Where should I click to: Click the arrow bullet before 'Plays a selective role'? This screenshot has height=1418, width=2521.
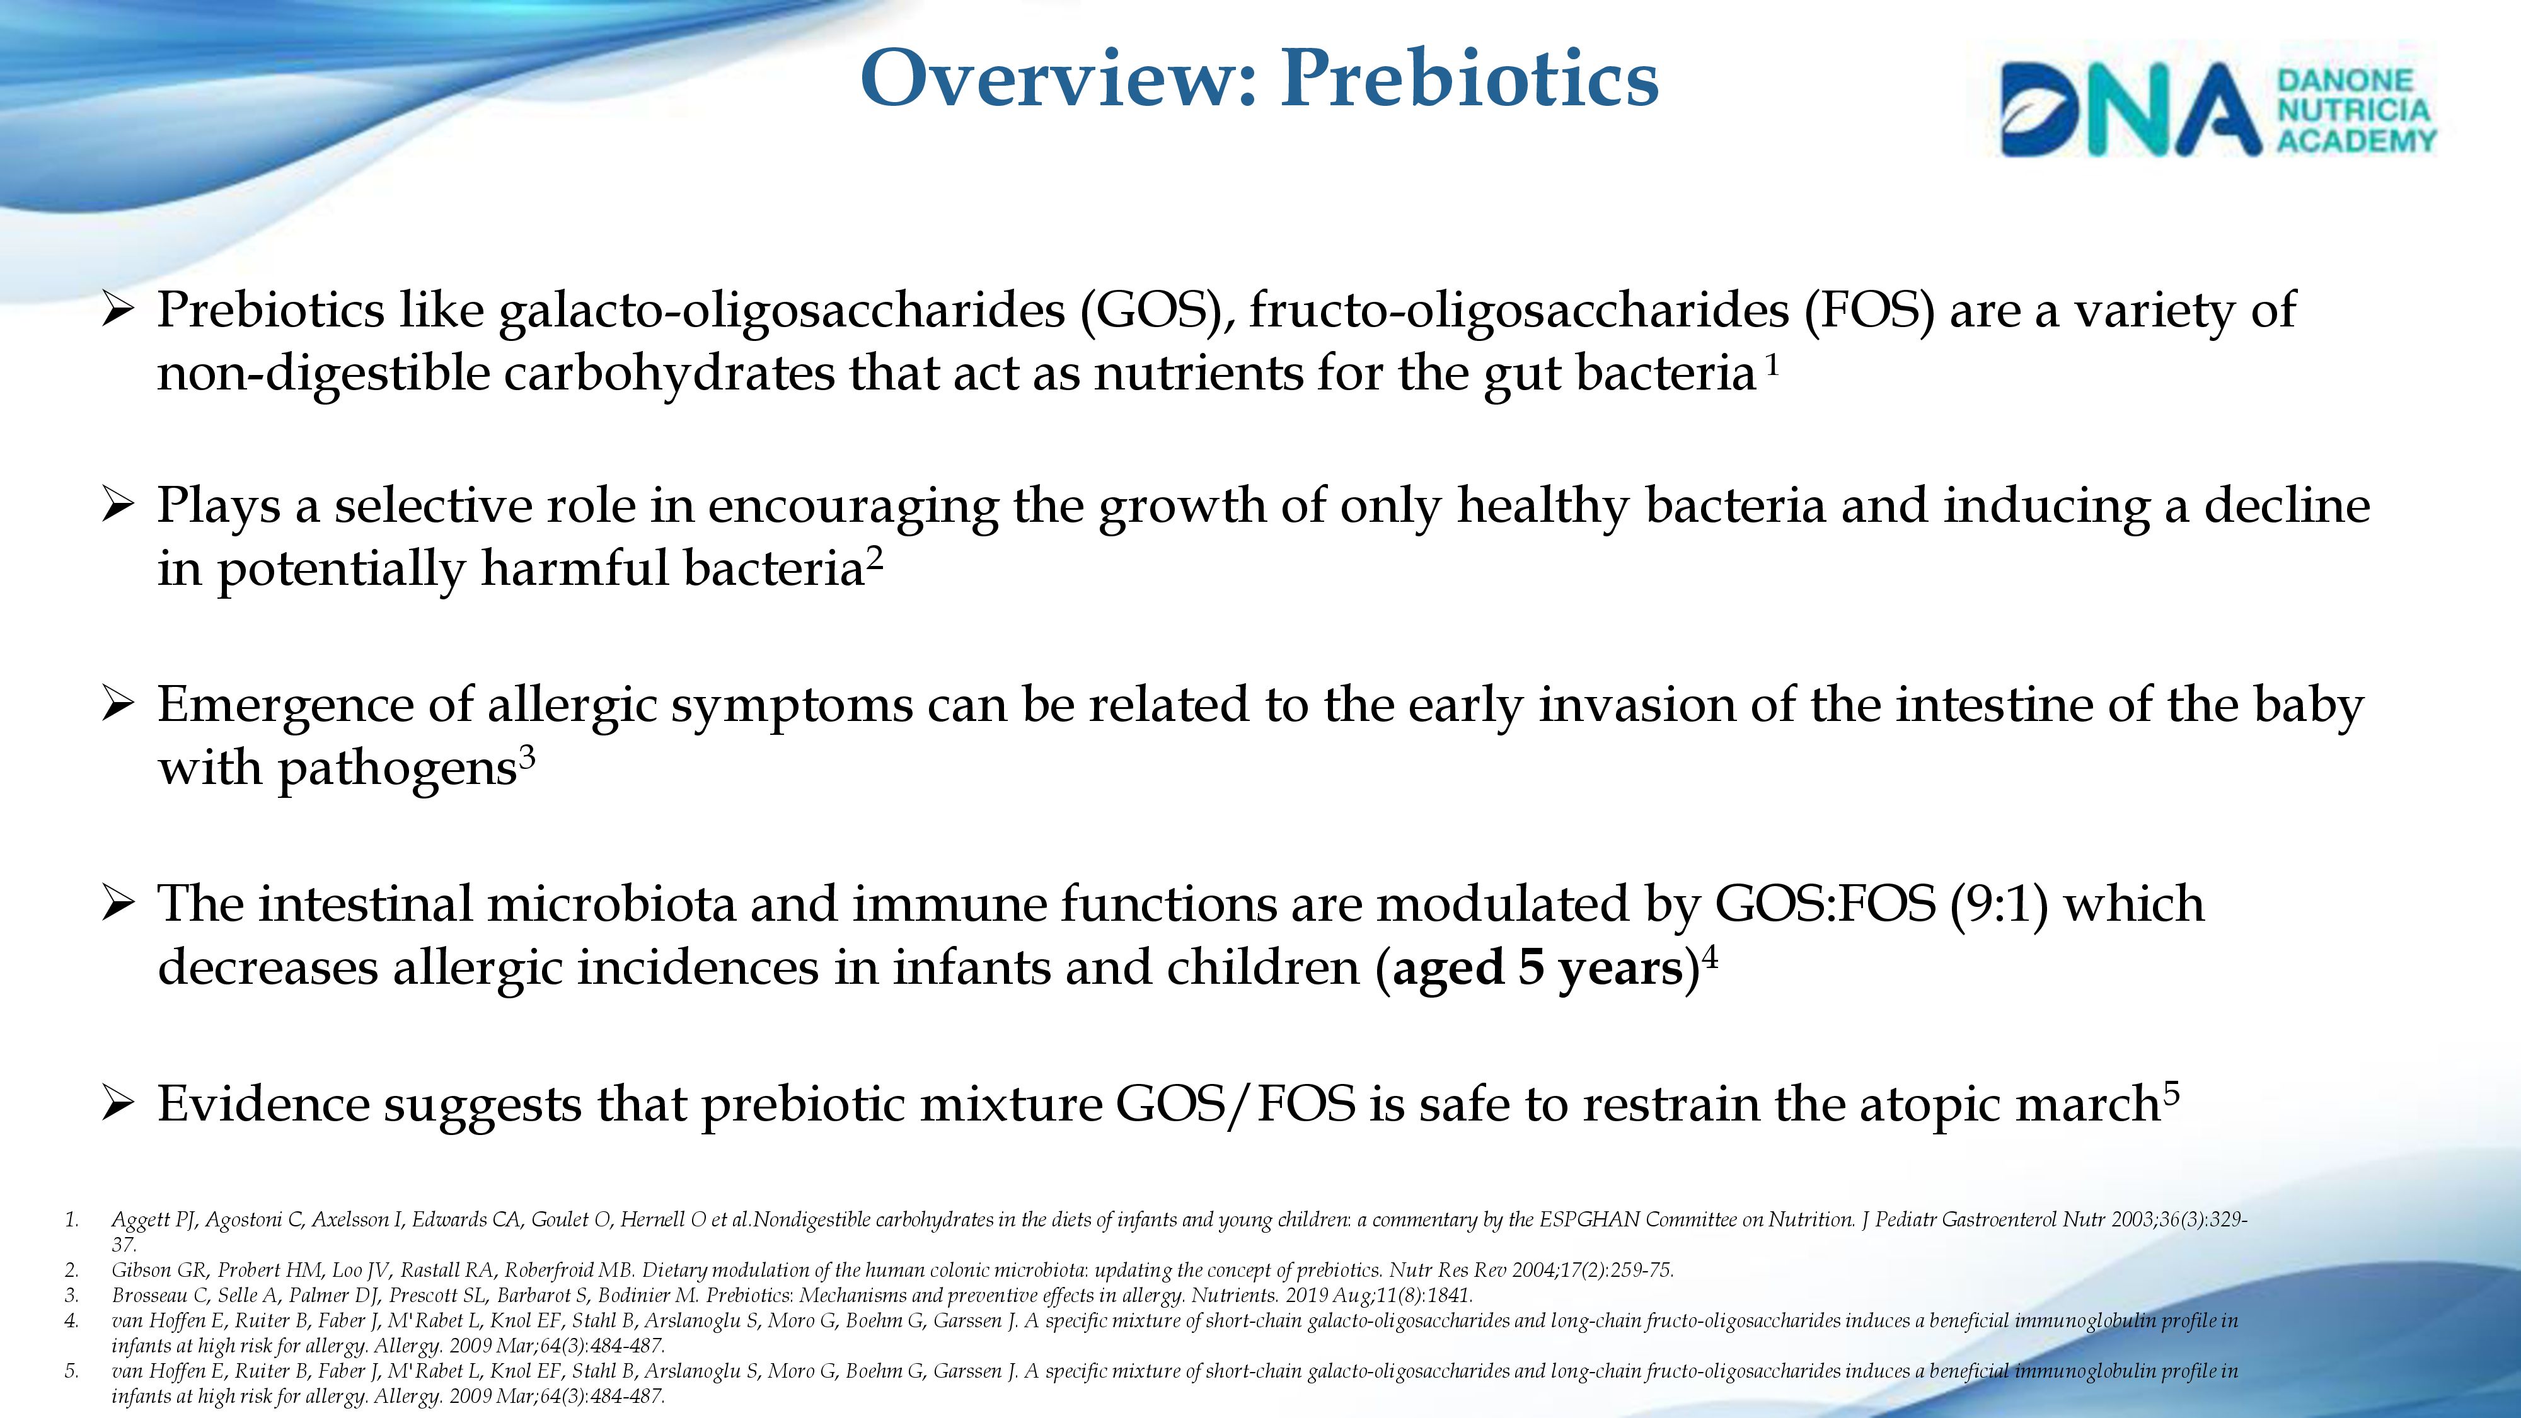point(117,506)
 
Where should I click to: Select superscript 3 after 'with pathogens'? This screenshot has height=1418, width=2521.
point(526,758)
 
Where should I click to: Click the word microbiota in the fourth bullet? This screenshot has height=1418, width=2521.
point(611,904)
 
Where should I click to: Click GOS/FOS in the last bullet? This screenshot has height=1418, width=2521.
point(1236,1105)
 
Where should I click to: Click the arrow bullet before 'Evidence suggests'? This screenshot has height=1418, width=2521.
point(117,1105)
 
